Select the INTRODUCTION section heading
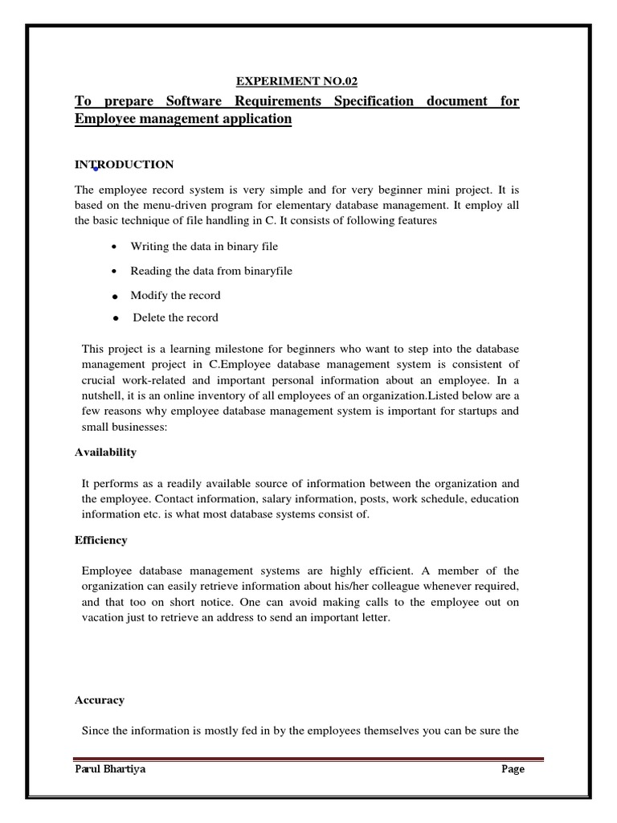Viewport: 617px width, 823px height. pyautogui.click(x=124, y=165)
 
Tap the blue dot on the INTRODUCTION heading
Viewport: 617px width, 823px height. pyautogui.click(x=96, y=169)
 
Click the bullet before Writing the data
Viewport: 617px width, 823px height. pyautogui.click(x=117, y=247)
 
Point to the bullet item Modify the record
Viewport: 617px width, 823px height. pyautogui.click(x=175, y=295)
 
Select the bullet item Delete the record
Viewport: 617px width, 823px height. pyautogui.click(x=175, y=317)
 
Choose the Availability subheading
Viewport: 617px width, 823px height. pyautogui.click(x=105, y=452)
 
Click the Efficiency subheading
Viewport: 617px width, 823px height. pyautogui.click(x=100, y=540)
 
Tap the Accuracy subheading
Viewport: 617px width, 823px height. pyautogui.click(x=100, y=700)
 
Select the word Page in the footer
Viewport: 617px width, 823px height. pyautogui.click(x=513, y=769)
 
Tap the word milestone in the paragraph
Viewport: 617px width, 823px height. pyautogui.click(x=237, y=350)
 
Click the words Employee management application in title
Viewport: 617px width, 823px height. pyautogui.click(x=183, y=119)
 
